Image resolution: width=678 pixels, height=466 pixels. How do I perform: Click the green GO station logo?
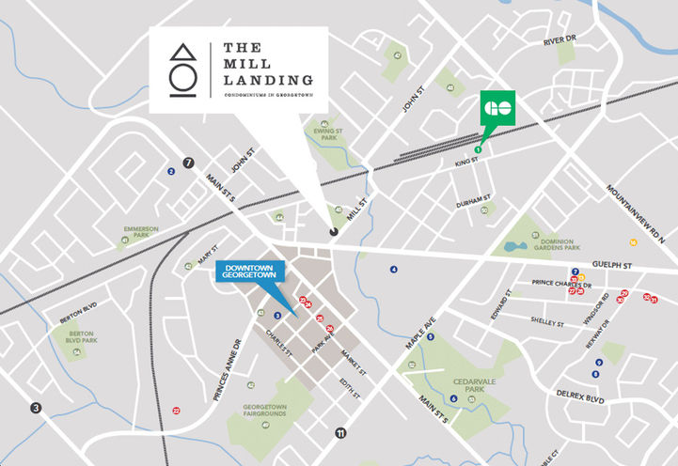(497, 108)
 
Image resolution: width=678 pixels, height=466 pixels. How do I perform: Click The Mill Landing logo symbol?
(184, 70)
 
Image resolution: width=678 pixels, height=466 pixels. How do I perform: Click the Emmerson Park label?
(143, 231)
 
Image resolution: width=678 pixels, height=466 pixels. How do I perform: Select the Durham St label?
(474, 201)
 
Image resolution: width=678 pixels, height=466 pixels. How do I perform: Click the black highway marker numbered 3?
(36, 408)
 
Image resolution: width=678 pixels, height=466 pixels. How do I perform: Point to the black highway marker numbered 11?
(340, 433)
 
